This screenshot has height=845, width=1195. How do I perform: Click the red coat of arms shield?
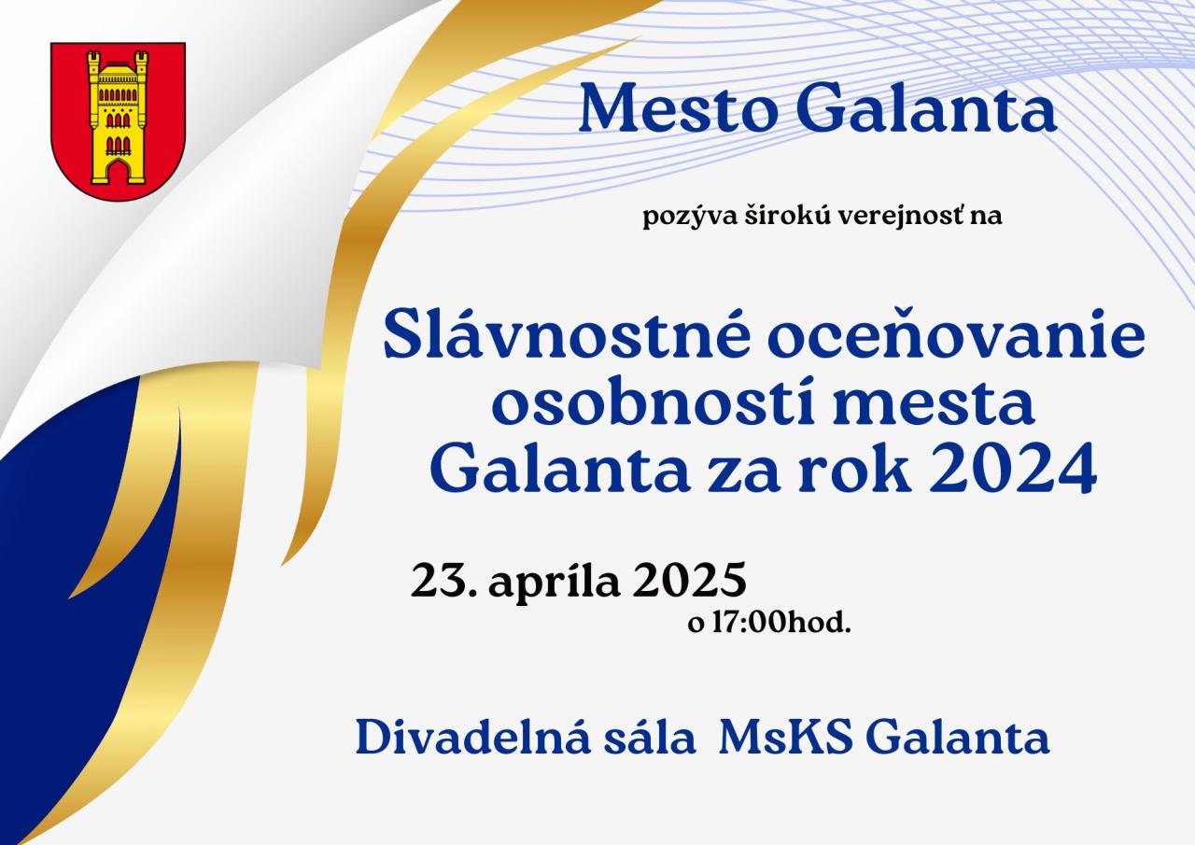(118, 121)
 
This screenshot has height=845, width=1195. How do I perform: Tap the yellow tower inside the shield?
(118, 117)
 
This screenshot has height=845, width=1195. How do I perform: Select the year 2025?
(689, 580)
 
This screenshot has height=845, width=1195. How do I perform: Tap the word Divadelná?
(472, 738)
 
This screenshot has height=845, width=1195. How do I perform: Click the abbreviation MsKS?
(785, 739)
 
